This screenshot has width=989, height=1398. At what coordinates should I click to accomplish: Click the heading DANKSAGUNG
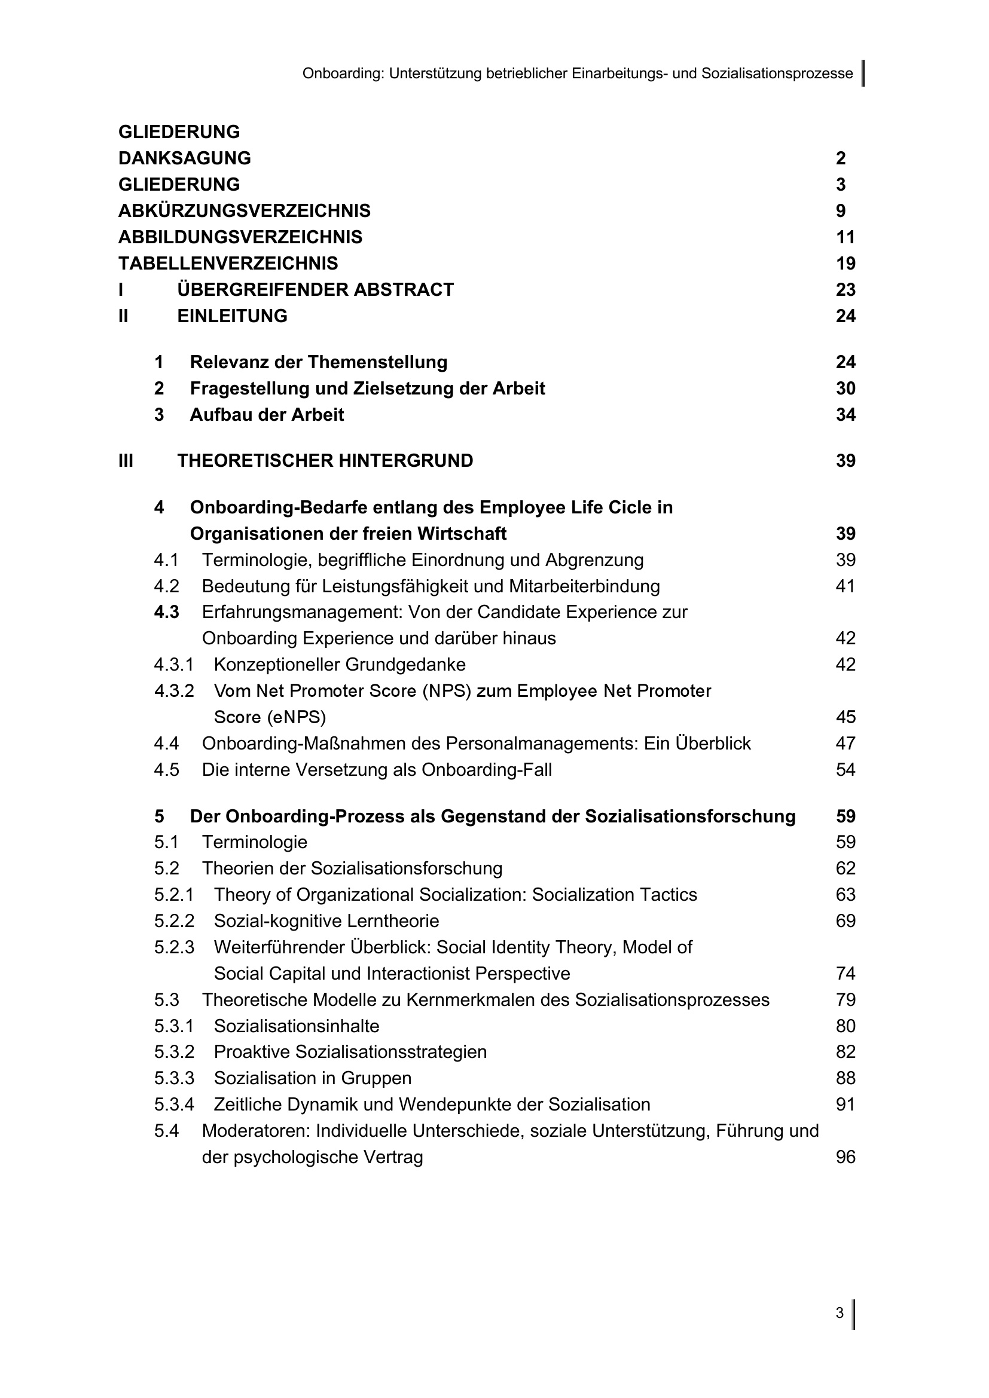pyautogui.click(x=185, y=158)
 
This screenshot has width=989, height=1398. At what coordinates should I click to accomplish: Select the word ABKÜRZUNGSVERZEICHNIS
pyautogui.click(x=244, y=210)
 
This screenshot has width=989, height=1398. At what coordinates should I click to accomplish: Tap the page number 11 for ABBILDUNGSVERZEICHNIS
pyautogui.click(x=845, y=237)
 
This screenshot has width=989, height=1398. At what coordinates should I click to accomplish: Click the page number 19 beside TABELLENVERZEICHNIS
pyautogui.click(x=845, y=263)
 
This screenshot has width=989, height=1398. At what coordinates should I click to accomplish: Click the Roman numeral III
pyautogui.click(x=126, y=460)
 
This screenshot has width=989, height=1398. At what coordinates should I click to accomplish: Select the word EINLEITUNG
pyautogui.click(x=232, y=316)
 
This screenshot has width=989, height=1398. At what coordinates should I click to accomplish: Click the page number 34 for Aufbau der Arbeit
pyautogui.click(x=845, y=415)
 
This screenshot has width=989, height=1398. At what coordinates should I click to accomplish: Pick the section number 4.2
pyautogui.click(x=166, y=586)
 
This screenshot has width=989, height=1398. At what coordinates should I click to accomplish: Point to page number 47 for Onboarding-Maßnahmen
pyautogui.click(x=845, y=744)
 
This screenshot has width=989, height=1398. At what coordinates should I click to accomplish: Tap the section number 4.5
pyautogui.click(x=166, y=770)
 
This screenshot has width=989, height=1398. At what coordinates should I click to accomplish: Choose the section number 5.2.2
pyautogui.click(x=173, y=920)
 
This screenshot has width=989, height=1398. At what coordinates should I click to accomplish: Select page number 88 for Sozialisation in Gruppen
pyautogui.click(x=845, y=1078)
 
